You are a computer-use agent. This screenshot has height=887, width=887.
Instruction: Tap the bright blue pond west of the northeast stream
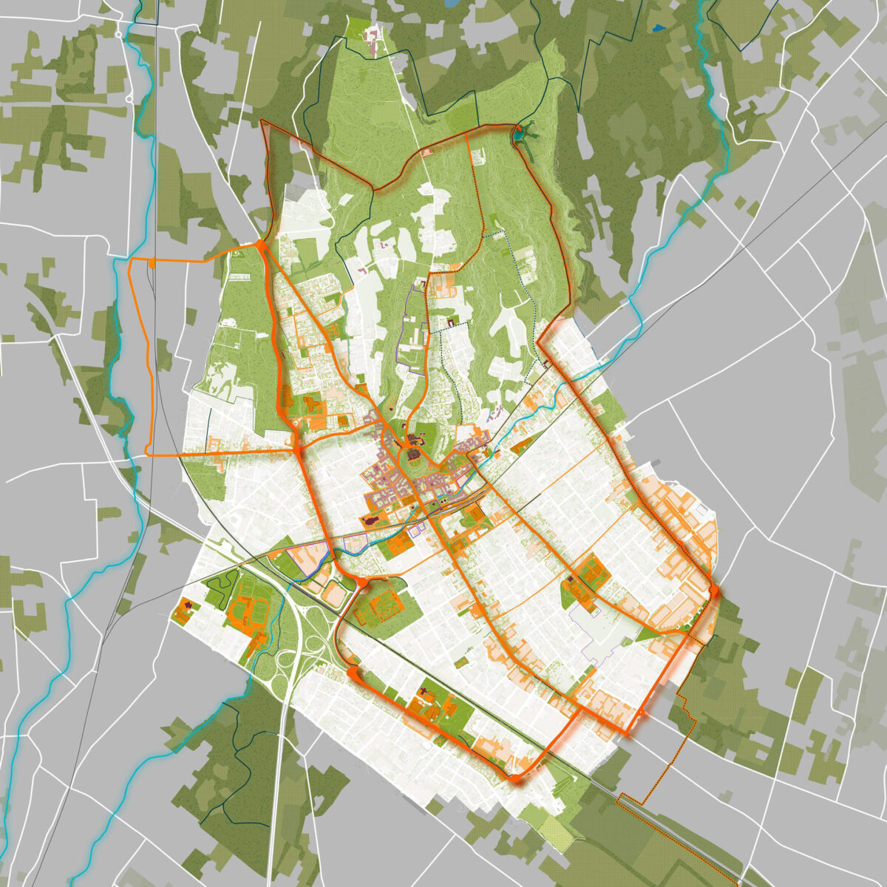click(658, 29)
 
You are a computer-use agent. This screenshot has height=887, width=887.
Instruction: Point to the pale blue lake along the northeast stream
click(715, 74)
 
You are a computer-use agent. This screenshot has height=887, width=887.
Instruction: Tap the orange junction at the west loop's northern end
click(260, 244)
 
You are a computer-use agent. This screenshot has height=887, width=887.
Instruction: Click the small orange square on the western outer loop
click(152, 262)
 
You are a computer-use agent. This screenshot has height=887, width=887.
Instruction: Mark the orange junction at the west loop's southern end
click(296, 449)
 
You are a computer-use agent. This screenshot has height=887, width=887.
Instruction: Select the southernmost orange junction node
click(514, 777)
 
